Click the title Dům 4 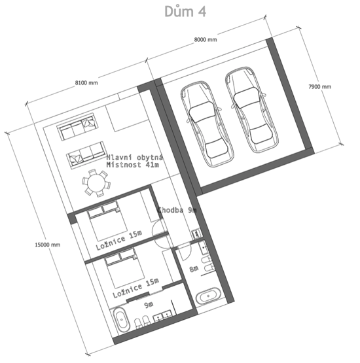(185, 12)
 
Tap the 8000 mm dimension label (206, 40)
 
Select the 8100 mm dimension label (86, 82)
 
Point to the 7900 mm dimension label (319, 86)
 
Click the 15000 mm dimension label (48, 245)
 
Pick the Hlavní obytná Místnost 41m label (135, 161)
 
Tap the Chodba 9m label (177, 210)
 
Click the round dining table (97, 183)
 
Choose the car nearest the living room (207, 124)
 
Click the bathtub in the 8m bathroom (209, 296)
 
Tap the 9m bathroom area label (149, 305)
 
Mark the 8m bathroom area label (194, 269)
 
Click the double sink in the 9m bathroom (162, 316)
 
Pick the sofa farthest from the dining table (78, 126)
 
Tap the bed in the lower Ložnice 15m (124, 268)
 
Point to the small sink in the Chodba (196, 233)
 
